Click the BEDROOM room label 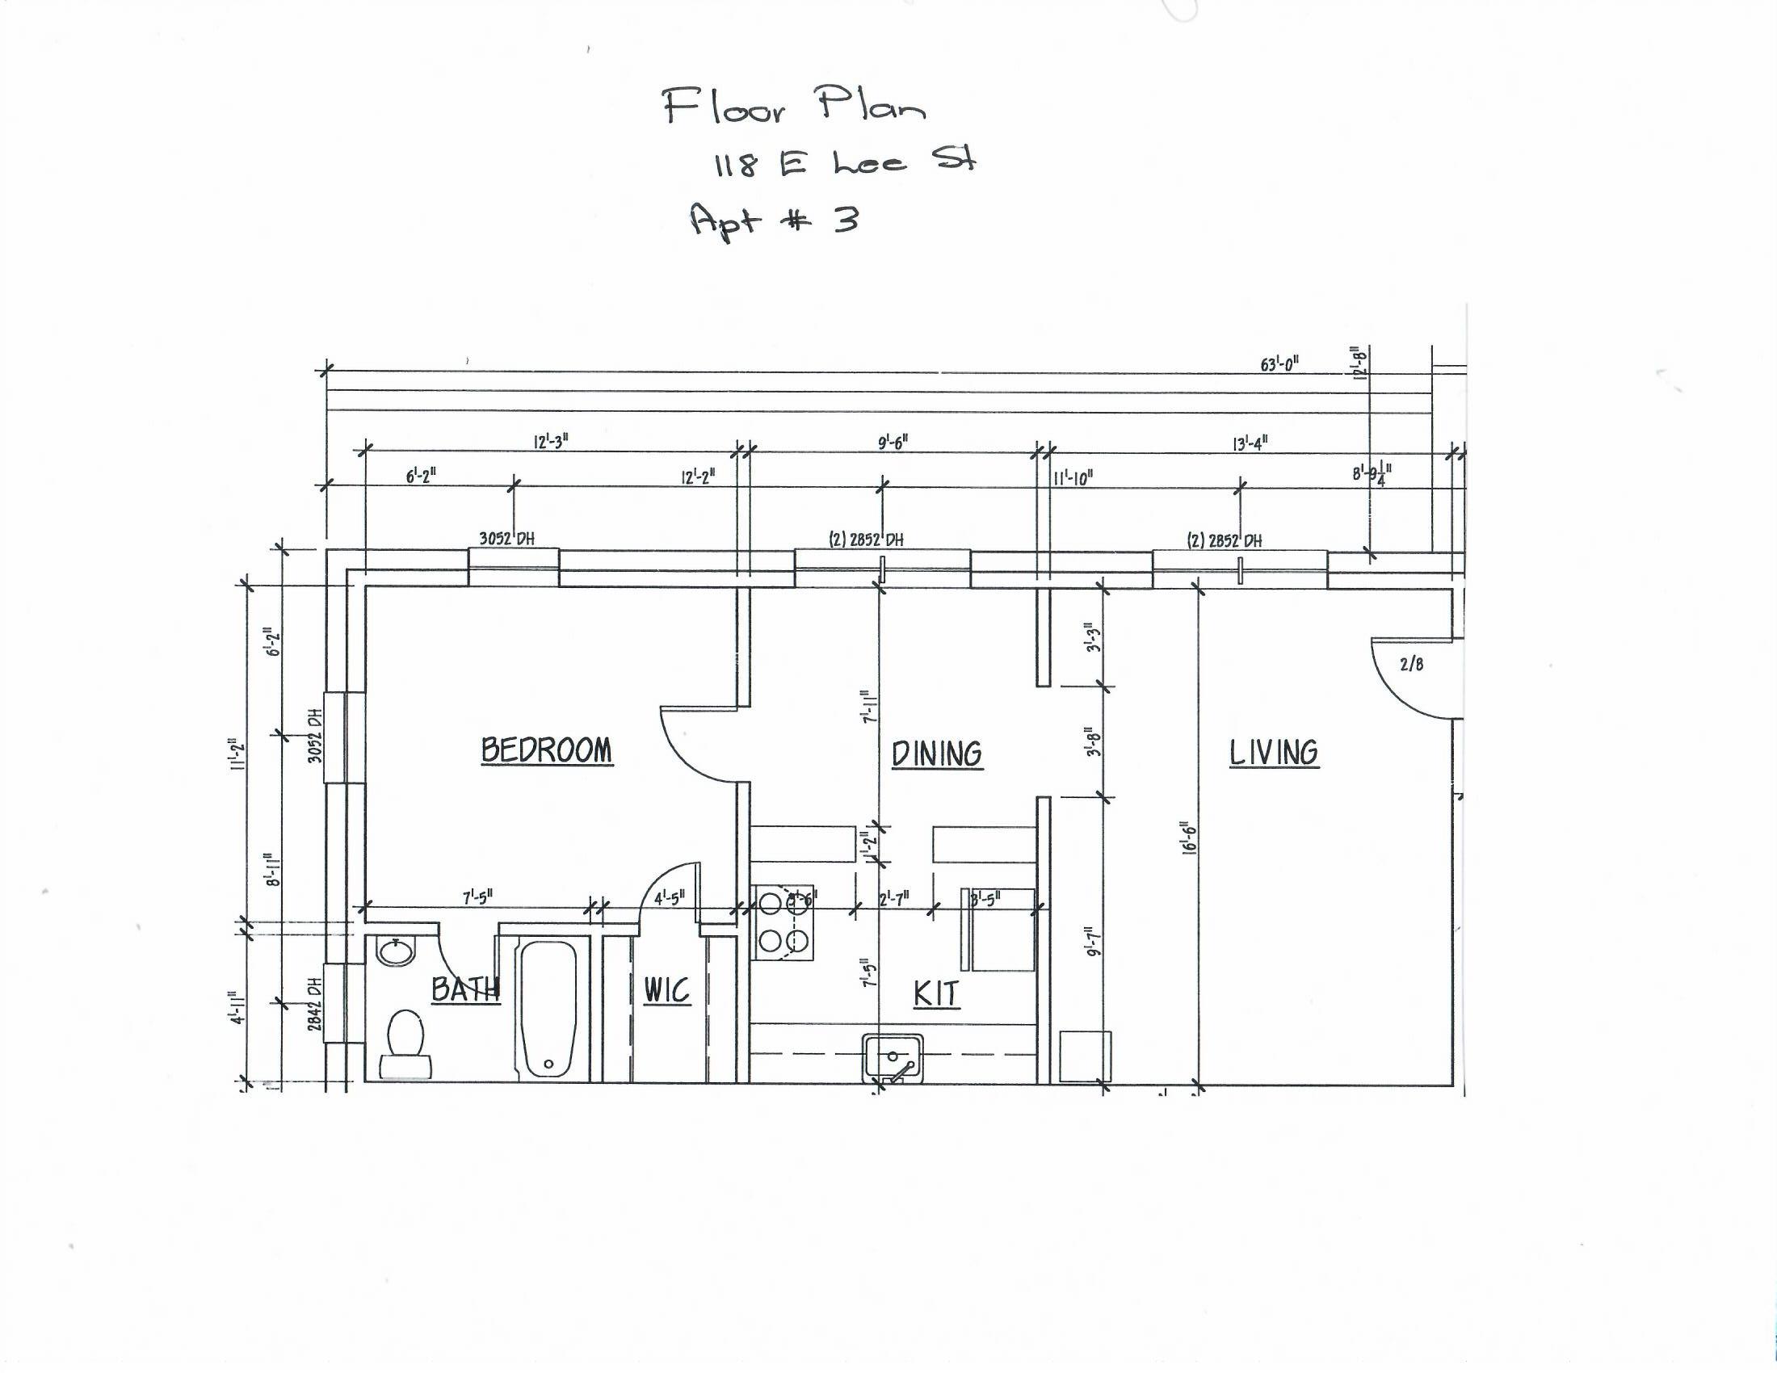click(546, 749)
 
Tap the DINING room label click(936, 754)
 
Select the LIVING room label click(1273, 753)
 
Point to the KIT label click(935, 993)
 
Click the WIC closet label click(667, 990)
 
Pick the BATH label click(464, 989)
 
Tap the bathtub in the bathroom click(548, 1009)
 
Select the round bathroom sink click(396, 951)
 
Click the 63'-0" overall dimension click(1279, 364)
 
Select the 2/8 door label click(1412, 664)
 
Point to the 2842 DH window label click(316, 1003)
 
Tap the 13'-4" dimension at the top click(1250, 443)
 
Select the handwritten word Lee click(869, 162)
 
